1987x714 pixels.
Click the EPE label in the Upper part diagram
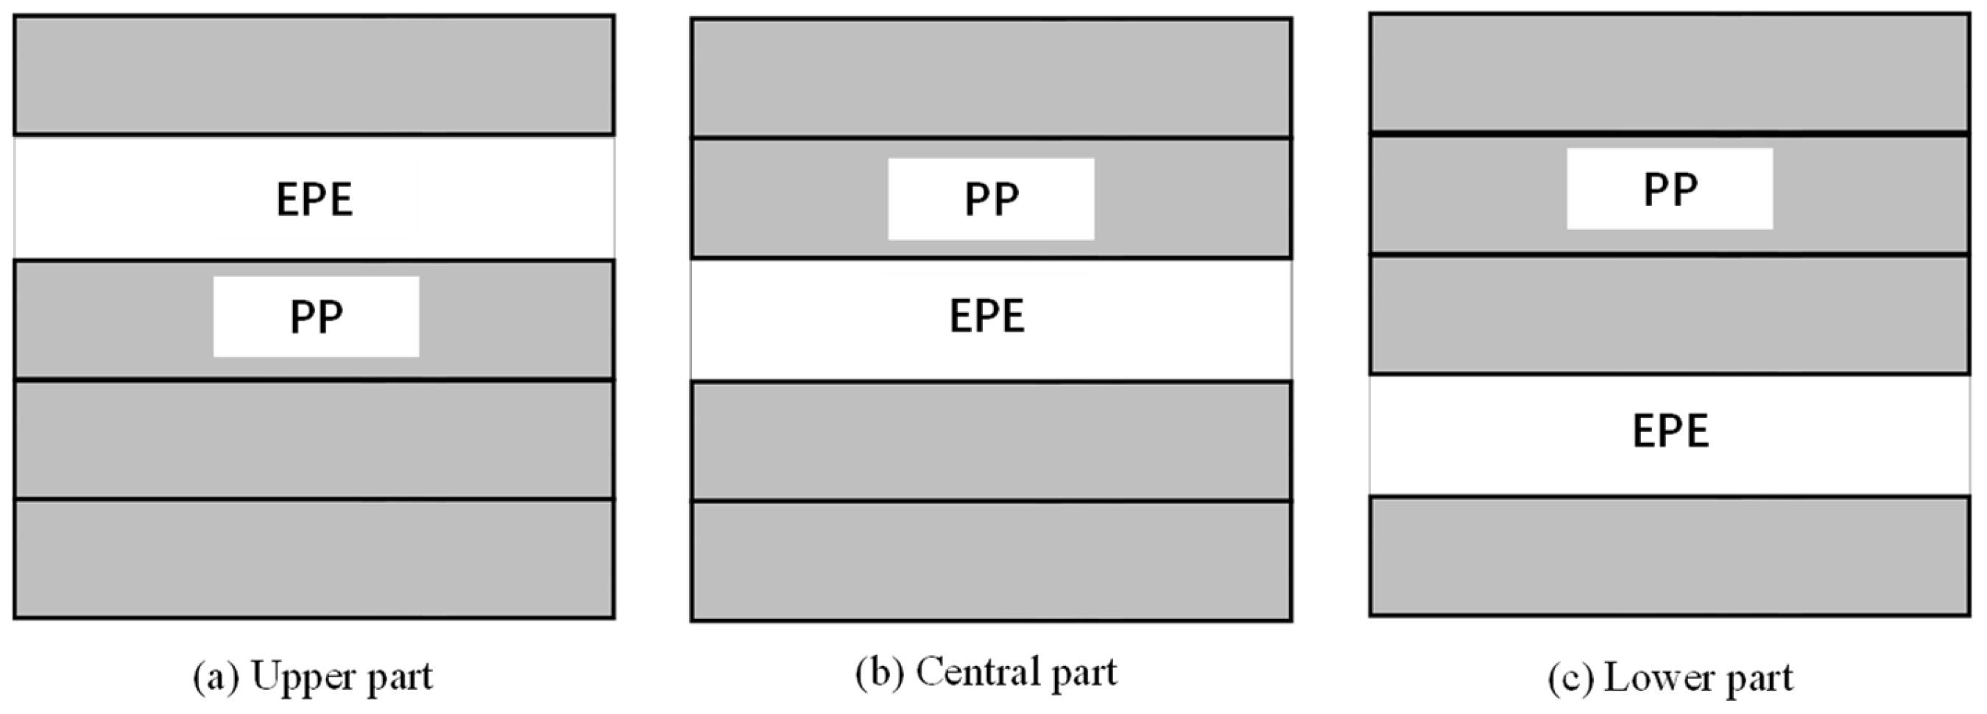click(314, 199)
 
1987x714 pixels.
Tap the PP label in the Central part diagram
click(991, 199)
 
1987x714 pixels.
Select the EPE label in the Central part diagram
click(987, 316)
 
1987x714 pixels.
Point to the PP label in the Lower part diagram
click(1670, 189)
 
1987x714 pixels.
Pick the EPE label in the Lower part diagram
click(1670, 431)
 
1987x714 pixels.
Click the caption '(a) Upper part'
click(313, 677)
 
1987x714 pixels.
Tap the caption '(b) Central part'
click(986, 672)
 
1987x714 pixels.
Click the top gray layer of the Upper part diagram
click(314, 75)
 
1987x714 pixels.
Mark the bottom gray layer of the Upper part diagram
click(314, 558)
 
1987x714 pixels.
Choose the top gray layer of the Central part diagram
click(991, 78)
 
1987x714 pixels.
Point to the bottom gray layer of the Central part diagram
click(991, 561)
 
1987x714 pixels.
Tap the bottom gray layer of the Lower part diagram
click(1670, 556)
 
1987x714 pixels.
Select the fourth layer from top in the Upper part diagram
click(314, 439)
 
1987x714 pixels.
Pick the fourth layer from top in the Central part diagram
click(991, 441)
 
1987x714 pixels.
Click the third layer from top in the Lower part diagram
click(1670, 314)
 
